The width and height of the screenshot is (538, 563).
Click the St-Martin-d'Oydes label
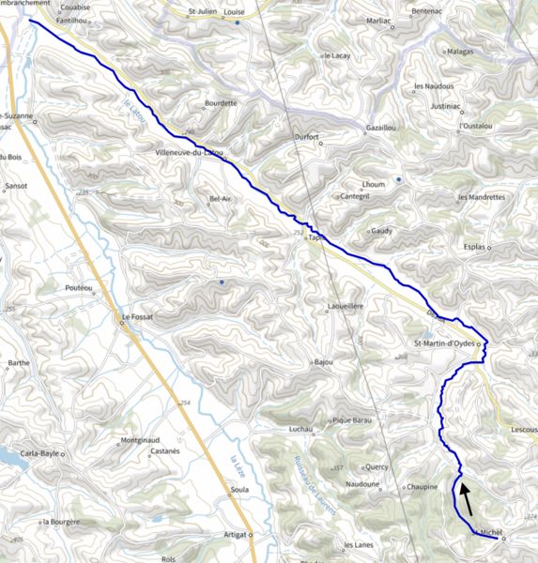443,343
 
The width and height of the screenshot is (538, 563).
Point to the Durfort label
306,137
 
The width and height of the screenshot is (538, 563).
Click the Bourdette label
220,102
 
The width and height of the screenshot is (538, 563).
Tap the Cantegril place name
354,196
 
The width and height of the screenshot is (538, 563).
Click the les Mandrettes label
482,197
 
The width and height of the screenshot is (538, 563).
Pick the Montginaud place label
141,440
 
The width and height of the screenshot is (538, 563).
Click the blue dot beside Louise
238,23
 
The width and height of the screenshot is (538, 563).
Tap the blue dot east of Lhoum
399,178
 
